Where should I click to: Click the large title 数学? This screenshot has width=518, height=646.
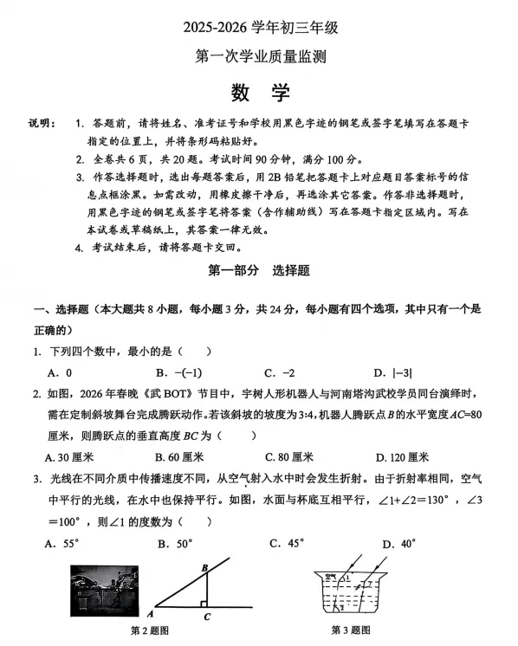(260, 93)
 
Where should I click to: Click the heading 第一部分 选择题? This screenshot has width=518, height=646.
(260, 270)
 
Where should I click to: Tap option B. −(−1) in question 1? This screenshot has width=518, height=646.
(174, 372)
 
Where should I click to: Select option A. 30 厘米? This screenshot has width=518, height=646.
(69, 456)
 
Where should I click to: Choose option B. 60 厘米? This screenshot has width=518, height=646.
(179, 456)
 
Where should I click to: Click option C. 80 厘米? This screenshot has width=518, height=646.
(289, 456)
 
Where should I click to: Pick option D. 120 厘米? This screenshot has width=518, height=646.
(403, 456)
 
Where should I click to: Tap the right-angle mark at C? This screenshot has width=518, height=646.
(203, 603)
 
